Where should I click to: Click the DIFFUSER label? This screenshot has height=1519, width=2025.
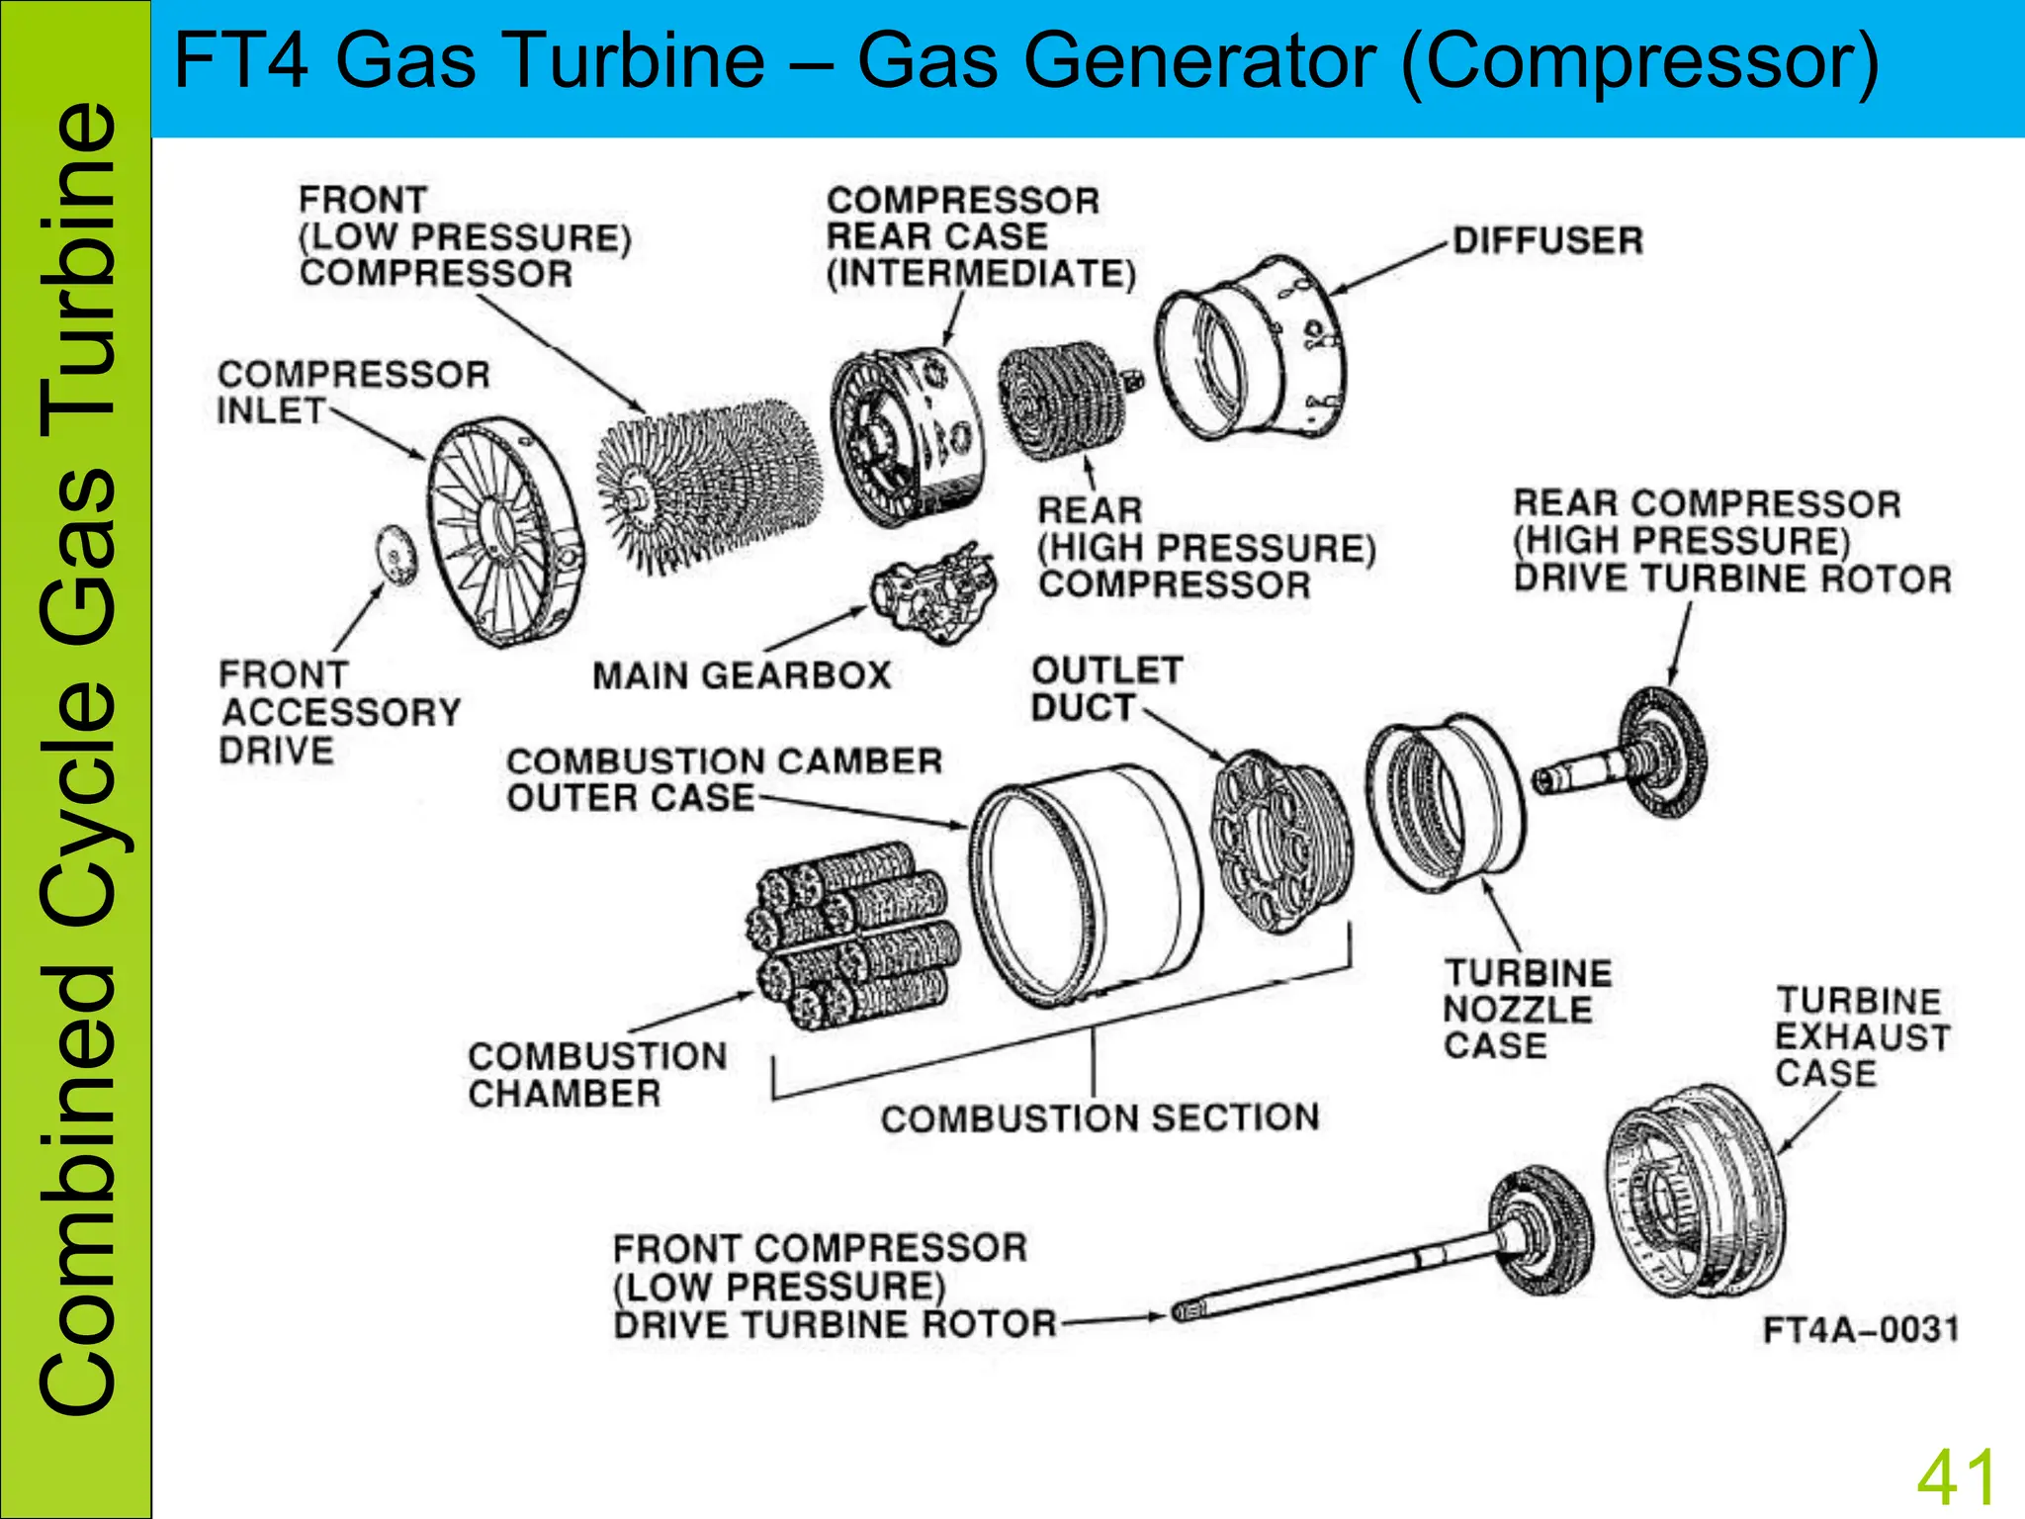click(x=1547, y=240)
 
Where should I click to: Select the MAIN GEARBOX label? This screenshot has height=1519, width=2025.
click(x=742, y=676)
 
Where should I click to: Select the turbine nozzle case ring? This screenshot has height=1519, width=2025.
click(x=1444, y=801)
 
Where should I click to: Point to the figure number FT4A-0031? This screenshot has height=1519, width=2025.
click(x=1859, y=1329)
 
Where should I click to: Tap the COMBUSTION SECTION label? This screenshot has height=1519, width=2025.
click(x=1100, y=1118)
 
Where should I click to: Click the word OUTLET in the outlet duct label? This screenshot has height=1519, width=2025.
click(x=1106, y=670)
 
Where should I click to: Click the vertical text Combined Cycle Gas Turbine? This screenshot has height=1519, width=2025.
click(x=77, y=759)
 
